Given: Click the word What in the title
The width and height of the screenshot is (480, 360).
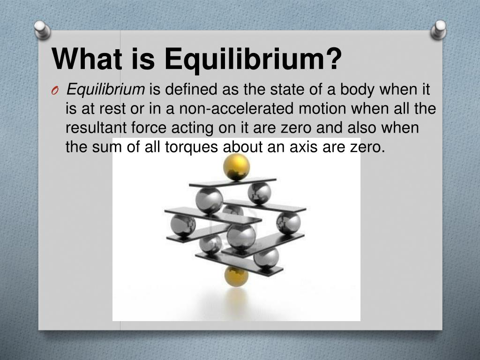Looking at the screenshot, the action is pyautogui.click(x=87, y=59).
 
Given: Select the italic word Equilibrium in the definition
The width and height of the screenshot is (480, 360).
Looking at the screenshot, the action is pyautogui.click(x=105, y=90).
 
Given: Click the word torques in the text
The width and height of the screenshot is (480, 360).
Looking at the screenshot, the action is pyautogui.click(x=191, y=147).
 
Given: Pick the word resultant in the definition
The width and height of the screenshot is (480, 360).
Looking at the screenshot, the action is pyautogui.click(x=96, y=127).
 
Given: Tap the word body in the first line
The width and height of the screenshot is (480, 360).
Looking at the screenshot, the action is pyautogui.click(x=357, y=90).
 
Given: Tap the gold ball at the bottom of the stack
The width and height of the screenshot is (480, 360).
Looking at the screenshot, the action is pyautogui.click(x=236, y=276).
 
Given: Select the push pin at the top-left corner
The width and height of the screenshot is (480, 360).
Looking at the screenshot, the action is pyautogui.click(x=42, y=30).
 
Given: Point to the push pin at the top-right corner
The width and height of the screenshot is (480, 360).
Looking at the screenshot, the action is pyautogui.click(x=439, y=30).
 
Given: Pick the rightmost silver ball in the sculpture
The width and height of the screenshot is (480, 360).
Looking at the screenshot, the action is pyautogui.click(x=288, y=223).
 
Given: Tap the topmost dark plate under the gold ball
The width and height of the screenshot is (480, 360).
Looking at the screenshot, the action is pyautogui.click(x=232, y=182).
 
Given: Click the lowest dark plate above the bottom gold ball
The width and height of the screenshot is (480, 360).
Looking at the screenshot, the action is pyautogui.click(x=240, y=264).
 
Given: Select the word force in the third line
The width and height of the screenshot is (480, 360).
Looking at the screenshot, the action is pyautogui.click(x=149, y=127).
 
